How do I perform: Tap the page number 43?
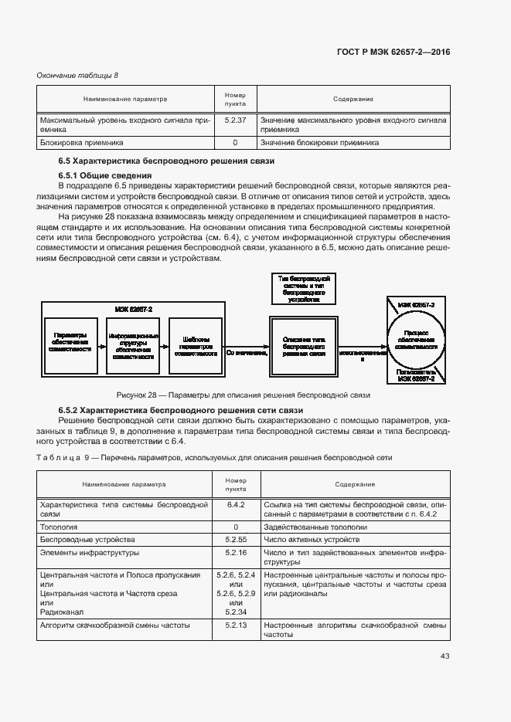click(445, 656)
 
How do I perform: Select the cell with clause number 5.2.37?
click(234, 120)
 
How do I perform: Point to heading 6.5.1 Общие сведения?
click(97, 175)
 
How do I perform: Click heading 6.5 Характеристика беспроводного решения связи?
click(166, 161)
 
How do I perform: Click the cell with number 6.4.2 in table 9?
click(235, 503)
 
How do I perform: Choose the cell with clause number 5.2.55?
click(235, 539)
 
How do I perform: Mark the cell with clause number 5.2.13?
click(235, 624)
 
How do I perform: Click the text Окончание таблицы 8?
click(78, 75)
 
